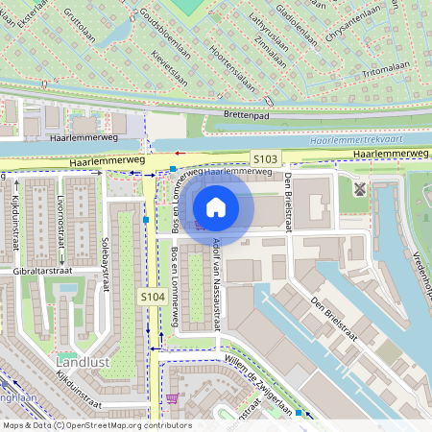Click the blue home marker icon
(216, 206)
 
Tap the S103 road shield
(266, 158)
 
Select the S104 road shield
(151, 298)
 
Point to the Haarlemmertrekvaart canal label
(368, 141)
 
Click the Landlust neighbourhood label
(84, 362)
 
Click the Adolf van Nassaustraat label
(218, 283)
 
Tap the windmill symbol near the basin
(360, 188)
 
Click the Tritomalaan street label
(387, 73)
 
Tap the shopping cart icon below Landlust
(172, 398)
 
